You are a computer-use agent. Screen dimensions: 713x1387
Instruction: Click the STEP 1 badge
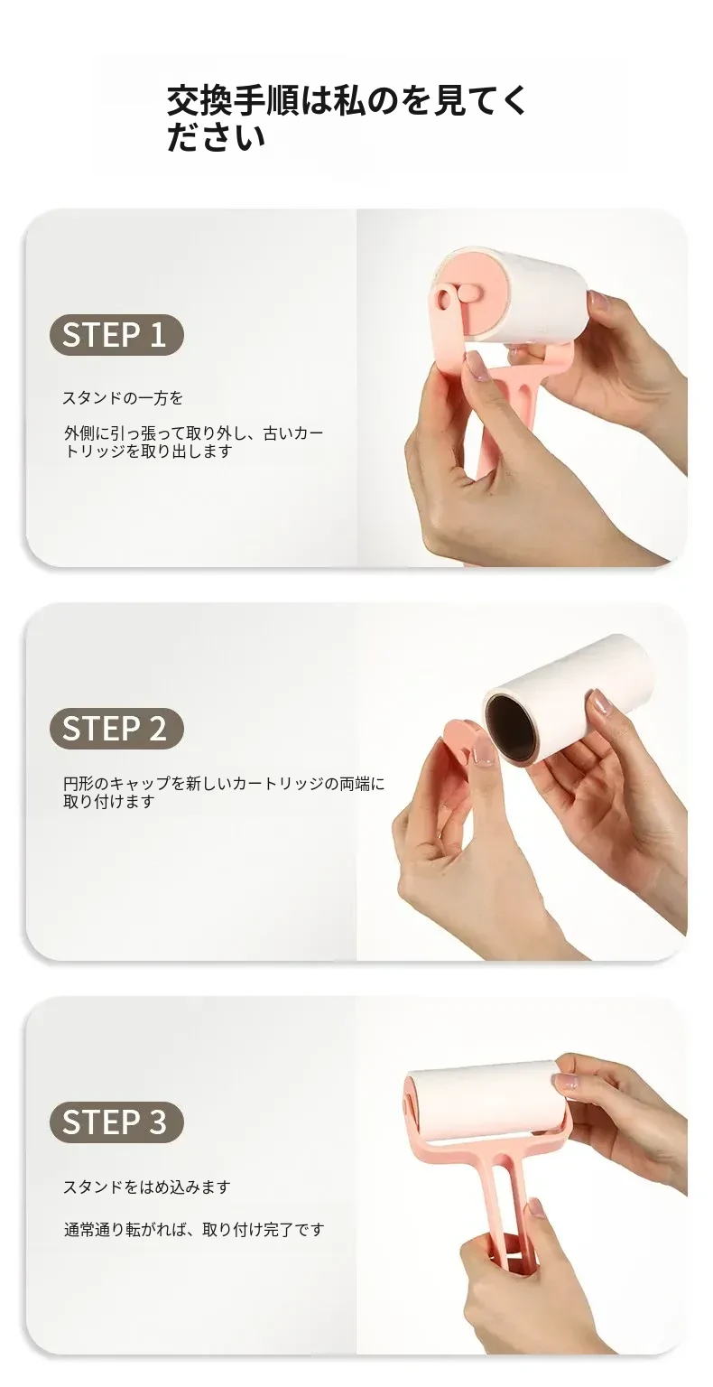coord(116,334)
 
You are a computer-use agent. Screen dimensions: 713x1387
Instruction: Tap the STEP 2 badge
coord(116,728)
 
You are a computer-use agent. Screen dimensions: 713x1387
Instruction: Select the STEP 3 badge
coord(116,1122)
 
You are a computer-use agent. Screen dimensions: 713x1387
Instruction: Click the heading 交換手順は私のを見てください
coord(346,119)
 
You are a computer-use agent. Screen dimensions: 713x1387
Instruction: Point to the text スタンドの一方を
coord(123,398)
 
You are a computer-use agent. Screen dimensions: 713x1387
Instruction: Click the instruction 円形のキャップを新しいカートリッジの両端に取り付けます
coord(224,793)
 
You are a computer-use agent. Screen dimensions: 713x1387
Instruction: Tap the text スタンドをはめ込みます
coord(147,1187)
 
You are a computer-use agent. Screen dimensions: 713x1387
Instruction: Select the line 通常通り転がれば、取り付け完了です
coord(194,1230)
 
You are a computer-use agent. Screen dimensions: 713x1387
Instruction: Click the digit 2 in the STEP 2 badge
coord(158,728)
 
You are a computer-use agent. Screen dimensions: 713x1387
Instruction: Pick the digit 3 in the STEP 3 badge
coord(158,1122)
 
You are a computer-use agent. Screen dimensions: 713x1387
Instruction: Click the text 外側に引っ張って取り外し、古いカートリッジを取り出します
coord(194,442)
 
